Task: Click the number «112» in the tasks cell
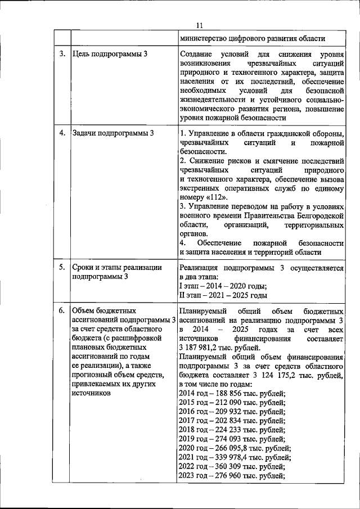click(213, 198)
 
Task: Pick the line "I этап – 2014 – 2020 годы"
click(223, 286)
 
